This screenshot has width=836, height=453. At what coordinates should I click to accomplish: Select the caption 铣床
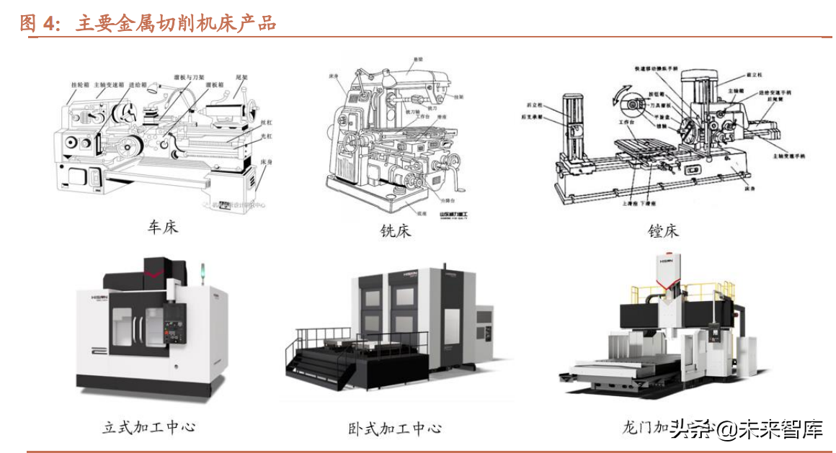point(396,231)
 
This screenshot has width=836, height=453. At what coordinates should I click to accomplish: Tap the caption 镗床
point(663,231)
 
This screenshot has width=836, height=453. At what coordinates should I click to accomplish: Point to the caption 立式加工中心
point(148,426)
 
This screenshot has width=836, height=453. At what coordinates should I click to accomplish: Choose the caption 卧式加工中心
point(394,429)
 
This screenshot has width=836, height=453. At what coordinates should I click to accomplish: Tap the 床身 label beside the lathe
point(265,163)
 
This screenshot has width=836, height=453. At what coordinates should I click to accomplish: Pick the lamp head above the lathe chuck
point(153,90)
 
